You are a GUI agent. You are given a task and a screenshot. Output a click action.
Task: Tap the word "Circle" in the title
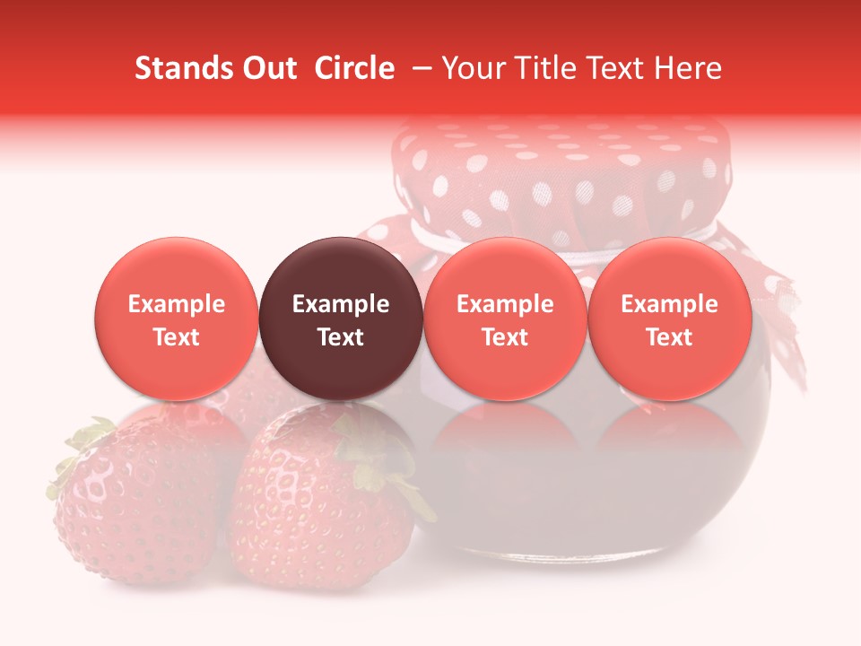[354, 68]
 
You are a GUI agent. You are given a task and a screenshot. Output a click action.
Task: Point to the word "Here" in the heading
[688, 68]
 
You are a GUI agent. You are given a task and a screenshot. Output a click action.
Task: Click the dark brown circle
[341, 319]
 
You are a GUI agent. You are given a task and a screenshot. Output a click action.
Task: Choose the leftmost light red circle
[177, 319]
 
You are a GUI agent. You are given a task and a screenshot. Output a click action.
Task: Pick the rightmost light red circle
[670, 319]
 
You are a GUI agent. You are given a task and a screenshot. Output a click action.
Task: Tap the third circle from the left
[505, 319]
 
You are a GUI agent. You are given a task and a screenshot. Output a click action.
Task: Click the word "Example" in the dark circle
[341, 304]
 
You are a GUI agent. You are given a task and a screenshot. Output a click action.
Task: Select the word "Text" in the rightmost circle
[670, 337]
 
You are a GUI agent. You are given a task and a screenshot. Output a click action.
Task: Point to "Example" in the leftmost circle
[177, 304]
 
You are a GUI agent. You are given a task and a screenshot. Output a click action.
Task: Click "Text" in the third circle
[505, 337]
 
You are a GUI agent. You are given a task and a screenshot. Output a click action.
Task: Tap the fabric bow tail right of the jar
[780, 323]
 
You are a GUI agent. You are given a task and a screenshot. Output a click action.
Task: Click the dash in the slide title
[422, 68]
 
